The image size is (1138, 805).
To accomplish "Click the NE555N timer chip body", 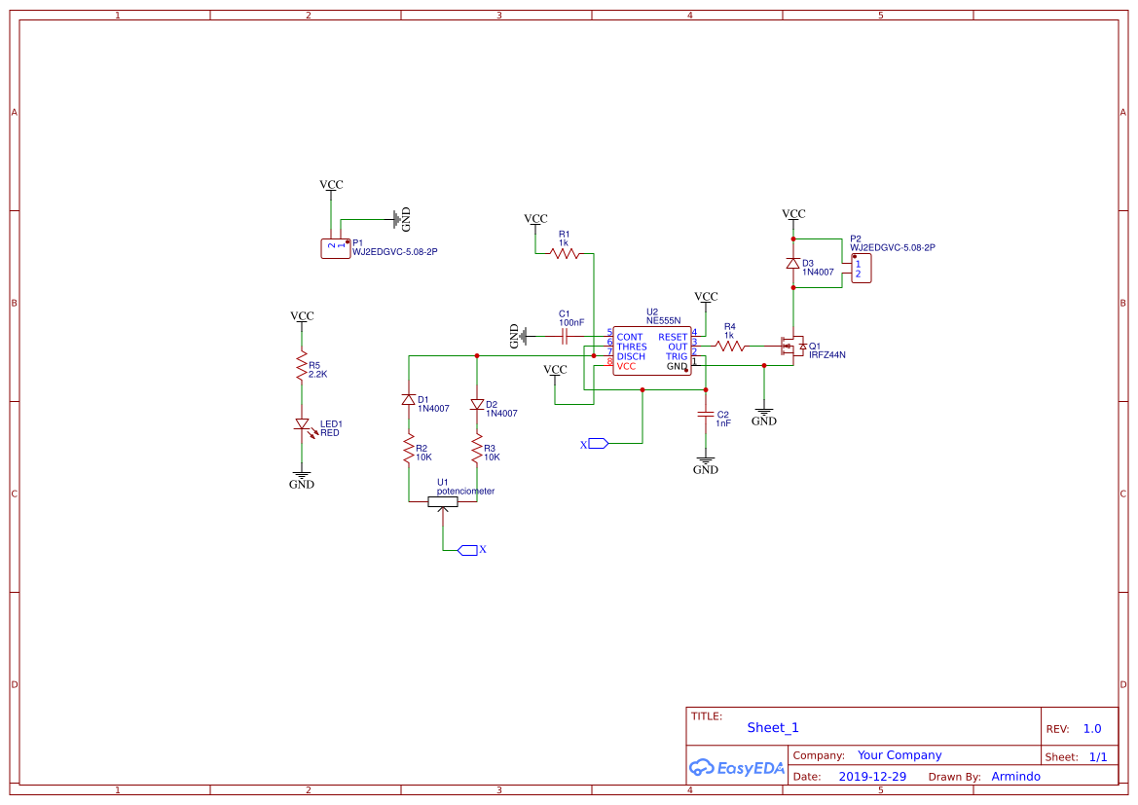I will pos(651,351).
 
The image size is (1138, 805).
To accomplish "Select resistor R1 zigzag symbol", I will pos(565,253).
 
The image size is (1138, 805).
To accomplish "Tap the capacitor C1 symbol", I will pos(565,337).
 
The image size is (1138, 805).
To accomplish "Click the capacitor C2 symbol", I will pos(706,415).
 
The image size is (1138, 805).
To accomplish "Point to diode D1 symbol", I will pos(409,400).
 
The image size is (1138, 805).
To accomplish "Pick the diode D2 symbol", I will pos(477,404).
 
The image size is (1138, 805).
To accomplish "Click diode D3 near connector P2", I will pos(793,264).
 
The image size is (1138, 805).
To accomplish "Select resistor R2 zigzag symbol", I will pos(409,450).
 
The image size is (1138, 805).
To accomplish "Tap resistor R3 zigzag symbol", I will pos(477,450).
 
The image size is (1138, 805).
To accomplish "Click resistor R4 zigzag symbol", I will pos(730,346).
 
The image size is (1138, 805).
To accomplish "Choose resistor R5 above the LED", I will pos(302,367).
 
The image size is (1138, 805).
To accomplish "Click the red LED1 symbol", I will pos(302,424).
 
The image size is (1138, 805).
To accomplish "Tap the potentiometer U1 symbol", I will pos(443,502).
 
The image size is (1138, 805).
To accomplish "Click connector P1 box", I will pos(335,248).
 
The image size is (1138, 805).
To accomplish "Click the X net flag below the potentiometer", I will pos(467,550).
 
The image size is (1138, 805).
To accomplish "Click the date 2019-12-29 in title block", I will pos(872,777).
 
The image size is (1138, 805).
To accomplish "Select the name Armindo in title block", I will pos(1015,777).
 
